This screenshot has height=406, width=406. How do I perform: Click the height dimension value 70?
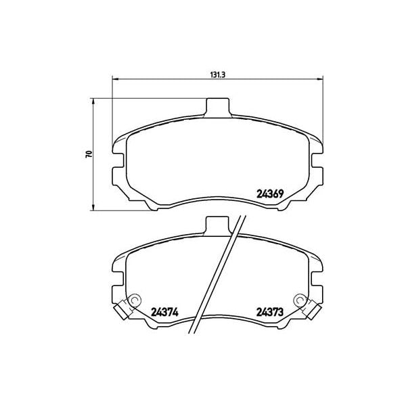point(88,154)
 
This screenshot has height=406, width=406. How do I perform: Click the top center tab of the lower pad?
point(216,225)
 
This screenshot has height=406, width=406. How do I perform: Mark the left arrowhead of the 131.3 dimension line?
point(114,79)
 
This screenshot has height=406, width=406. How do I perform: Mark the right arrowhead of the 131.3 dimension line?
point(318,79)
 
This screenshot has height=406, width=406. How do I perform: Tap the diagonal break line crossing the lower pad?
point(215,277)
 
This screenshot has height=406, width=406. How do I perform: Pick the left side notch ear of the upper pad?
point(116,160)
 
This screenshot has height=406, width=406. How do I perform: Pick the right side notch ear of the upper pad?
point(317,160)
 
